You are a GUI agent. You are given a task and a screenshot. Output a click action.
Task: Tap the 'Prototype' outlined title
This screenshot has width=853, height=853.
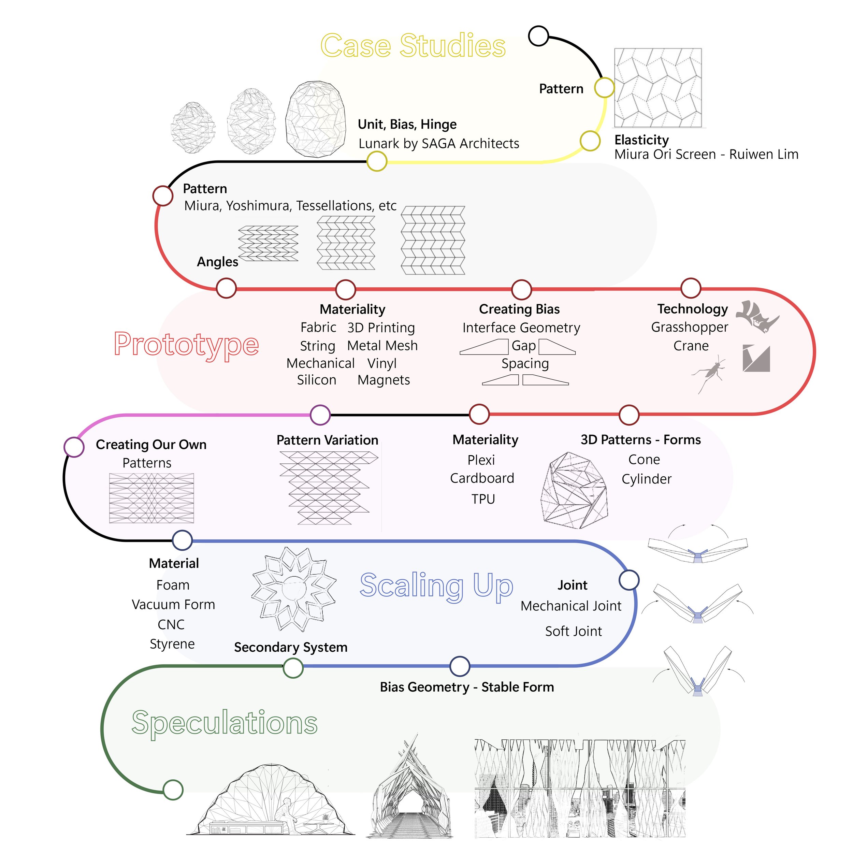tap(186, 344)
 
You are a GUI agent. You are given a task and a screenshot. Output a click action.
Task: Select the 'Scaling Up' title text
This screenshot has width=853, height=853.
tap(436, 585)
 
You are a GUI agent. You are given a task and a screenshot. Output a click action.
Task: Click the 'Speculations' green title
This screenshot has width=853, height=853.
tap(224, 722)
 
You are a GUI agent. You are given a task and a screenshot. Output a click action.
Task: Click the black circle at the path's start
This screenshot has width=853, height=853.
tap(538, 36)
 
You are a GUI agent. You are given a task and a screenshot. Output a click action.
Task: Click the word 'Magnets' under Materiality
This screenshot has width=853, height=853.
tap(383, 380)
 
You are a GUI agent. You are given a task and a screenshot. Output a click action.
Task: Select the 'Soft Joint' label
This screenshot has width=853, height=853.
tap(573, 631)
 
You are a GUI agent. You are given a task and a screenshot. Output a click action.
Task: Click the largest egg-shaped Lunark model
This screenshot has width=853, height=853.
tap(315, 119)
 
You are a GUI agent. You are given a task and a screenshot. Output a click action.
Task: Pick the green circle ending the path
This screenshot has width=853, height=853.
tap(173, 790)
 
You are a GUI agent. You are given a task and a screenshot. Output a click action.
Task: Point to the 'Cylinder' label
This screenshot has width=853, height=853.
tap(646, 479)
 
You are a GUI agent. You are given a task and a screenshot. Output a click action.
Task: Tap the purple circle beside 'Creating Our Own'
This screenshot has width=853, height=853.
tap(74, 447)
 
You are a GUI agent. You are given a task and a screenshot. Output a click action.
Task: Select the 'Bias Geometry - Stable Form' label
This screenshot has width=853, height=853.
tap(467, 687)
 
